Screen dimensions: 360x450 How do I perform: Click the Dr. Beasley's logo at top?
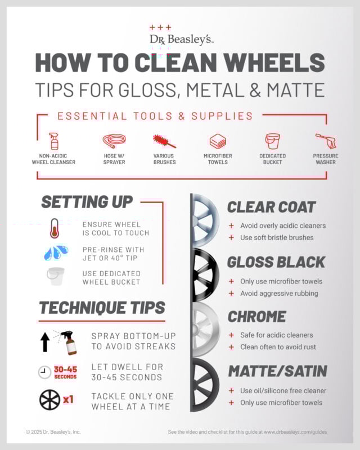point(182,35)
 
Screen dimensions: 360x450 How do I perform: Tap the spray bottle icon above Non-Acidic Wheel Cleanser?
point(53,141)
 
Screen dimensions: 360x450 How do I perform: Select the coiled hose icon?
point(114,141)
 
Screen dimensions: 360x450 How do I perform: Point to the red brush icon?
point(164,141)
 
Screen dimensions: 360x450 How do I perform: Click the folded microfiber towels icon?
point(218,141)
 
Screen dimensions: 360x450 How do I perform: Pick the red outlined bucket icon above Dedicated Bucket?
point(272,141)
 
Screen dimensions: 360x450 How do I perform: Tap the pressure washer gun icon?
point(326,141)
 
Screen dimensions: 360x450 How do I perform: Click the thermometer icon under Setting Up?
point(55,228)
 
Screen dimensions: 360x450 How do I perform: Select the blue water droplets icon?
point(56,253)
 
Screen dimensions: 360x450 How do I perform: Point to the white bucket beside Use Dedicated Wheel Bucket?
point(56,276)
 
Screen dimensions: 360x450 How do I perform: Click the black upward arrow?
point(45,342)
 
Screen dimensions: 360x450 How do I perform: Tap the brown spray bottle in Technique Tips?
point(69,343)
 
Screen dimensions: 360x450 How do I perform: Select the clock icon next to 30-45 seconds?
point(44,372)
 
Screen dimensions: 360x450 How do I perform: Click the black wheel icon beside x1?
point(49,400)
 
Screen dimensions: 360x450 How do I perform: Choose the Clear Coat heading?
point(271,207)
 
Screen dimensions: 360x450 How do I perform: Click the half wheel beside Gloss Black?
point(204,275)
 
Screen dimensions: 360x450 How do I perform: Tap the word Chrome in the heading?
point(257,317)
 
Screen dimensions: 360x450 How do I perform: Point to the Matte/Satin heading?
point(278,371)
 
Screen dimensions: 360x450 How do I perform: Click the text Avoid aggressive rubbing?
point(280,293)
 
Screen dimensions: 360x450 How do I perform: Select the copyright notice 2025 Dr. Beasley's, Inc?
point(53,431)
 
